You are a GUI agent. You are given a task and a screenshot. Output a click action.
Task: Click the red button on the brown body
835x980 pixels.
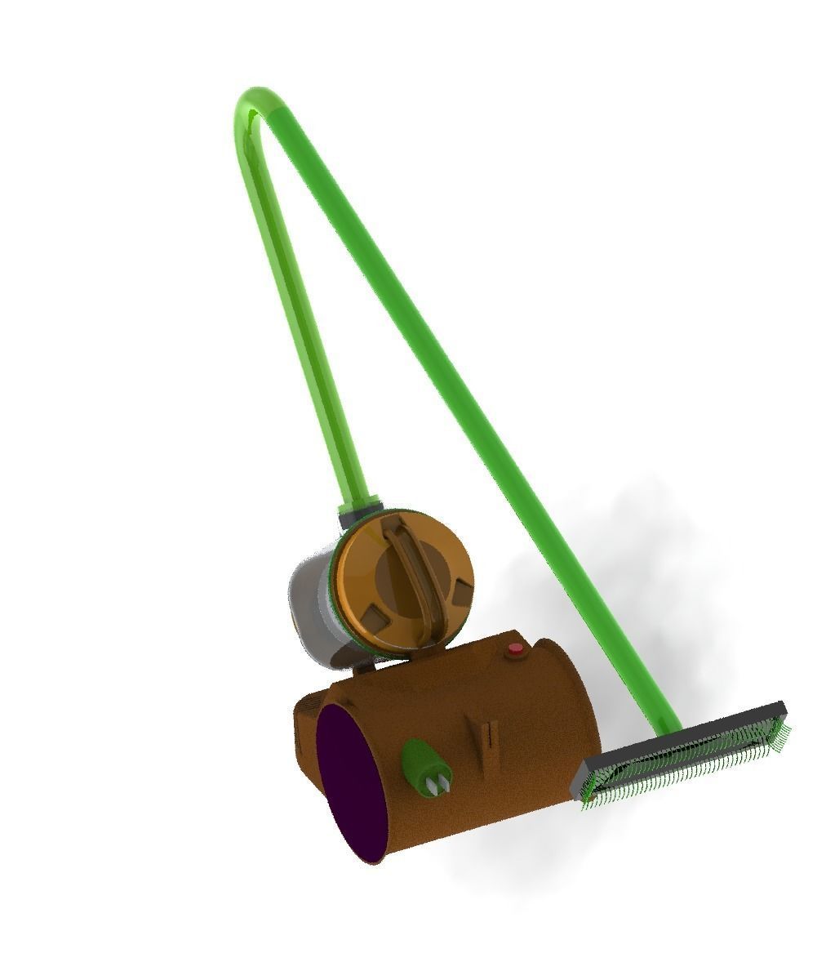(x=515, y=650)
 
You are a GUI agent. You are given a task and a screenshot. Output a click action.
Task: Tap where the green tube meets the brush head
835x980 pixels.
(x=666, y=728)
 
